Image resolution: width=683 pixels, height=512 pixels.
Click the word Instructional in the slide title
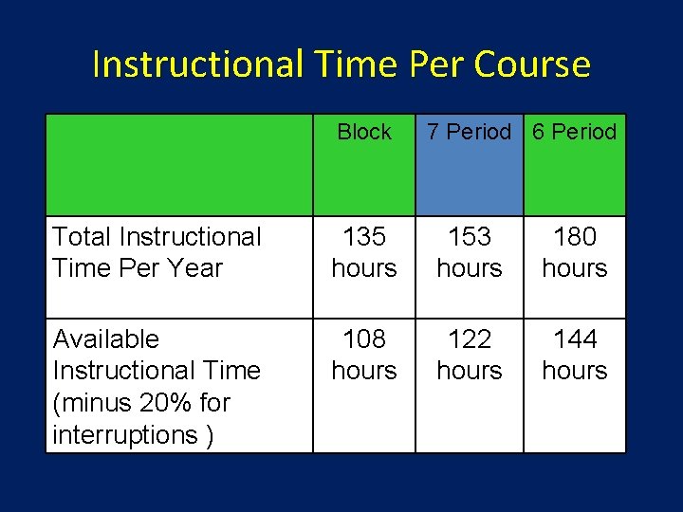[x=195, y=64]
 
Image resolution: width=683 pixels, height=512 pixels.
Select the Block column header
[x=364, y=132]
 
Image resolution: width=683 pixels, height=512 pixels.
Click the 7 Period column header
[x=469, y=132]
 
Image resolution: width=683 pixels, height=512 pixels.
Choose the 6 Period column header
[x=574, y=132]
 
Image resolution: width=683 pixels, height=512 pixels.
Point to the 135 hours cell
[x=364, y=252]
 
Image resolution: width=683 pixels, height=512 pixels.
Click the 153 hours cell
[x=469, y=252]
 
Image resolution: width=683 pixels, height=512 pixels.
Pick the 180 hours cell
[x=574, y=252]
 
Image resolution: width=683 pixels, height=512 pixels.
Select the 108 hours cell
[x=364, y=355]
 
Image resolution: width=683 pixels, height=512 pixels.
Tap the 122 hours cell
[x=469, y=355]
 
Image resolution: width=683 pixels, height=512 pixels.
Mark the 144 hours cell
[x=574, y=355]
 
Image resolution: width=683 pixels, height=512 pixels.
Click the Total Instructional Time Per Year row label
[x=157, y=252]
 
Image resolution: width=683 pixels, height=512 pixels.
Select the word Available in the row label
[x=106, y=339]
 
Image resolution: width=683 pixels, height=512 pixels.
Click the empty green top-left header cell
[x=179, y=165]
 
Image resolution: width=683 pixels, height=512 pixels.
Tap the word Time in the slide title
[x=355, y=64]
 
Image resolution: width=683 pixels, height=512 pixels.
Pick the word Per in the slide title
[x=437, y=64]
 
